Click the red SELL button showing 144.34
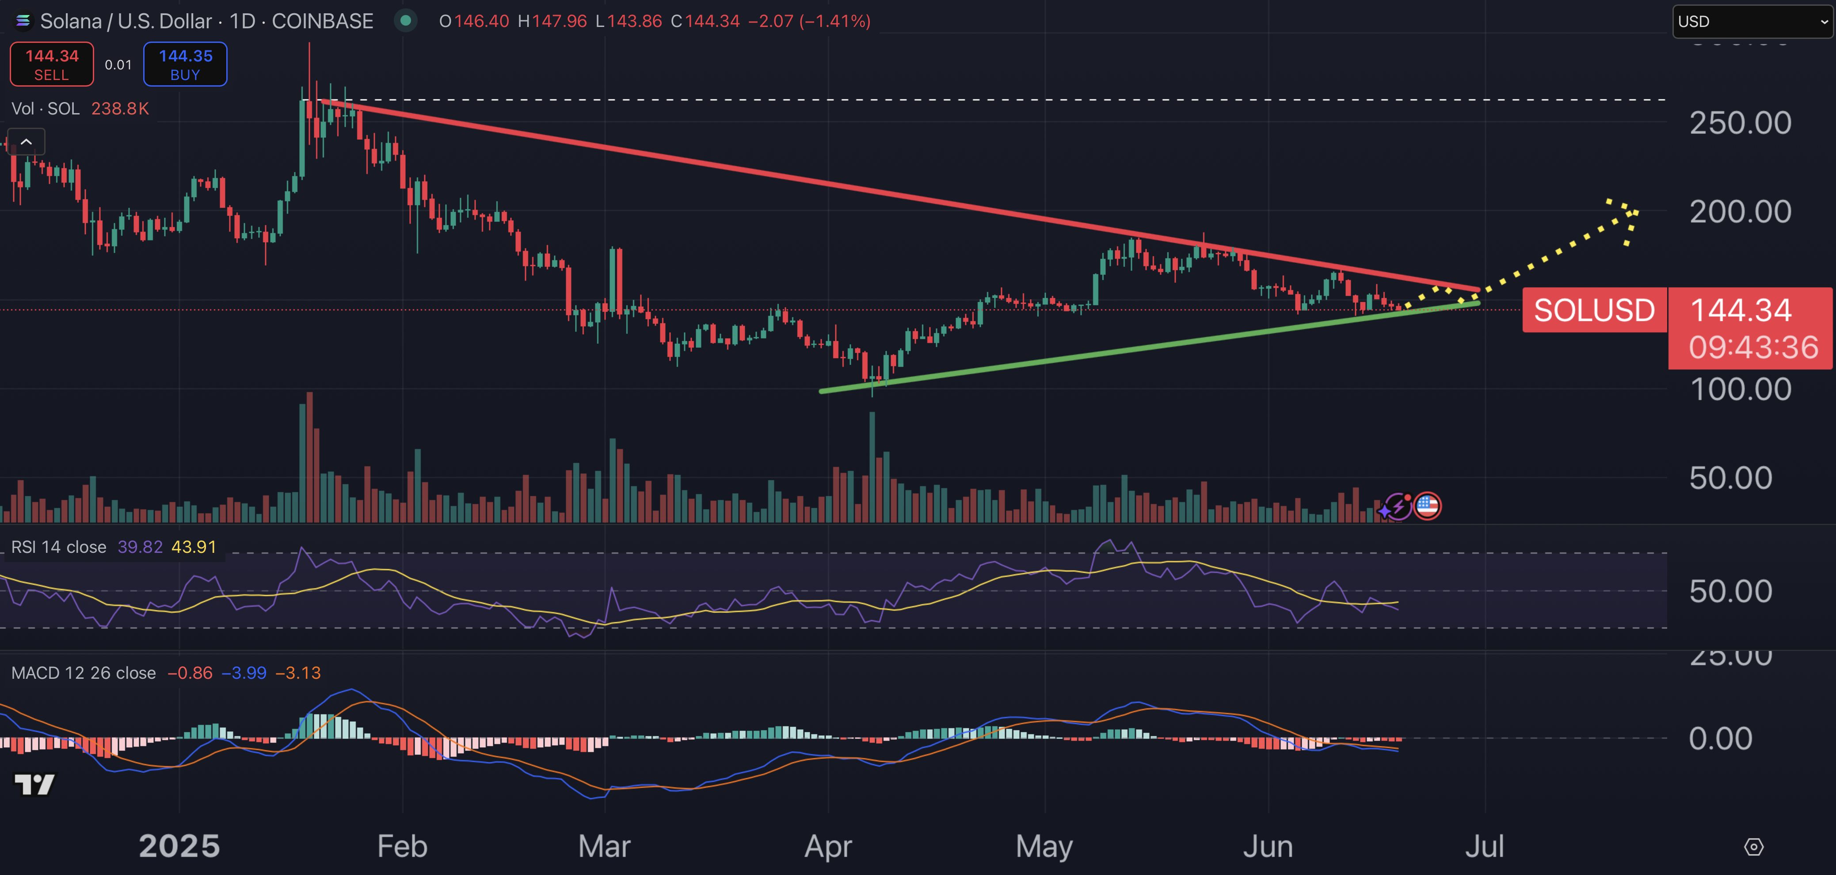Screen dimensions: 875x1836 51,64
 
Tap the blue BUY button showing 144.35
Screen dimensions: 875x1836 185,64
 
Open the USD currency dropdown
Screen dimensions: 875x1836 1752,21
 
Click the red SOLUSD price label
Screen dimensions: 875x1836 1594,310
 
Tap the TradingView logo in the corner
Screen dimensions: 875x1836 34,784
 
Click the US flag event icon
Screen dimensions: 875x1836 1427,506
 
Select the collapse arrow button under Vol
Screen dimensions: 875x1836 27,142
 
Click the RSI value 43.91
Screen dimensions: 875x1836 194,547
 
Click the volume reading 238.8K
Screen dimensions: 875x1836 120,108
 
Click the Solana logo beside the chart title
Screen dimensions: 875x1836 23,21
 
